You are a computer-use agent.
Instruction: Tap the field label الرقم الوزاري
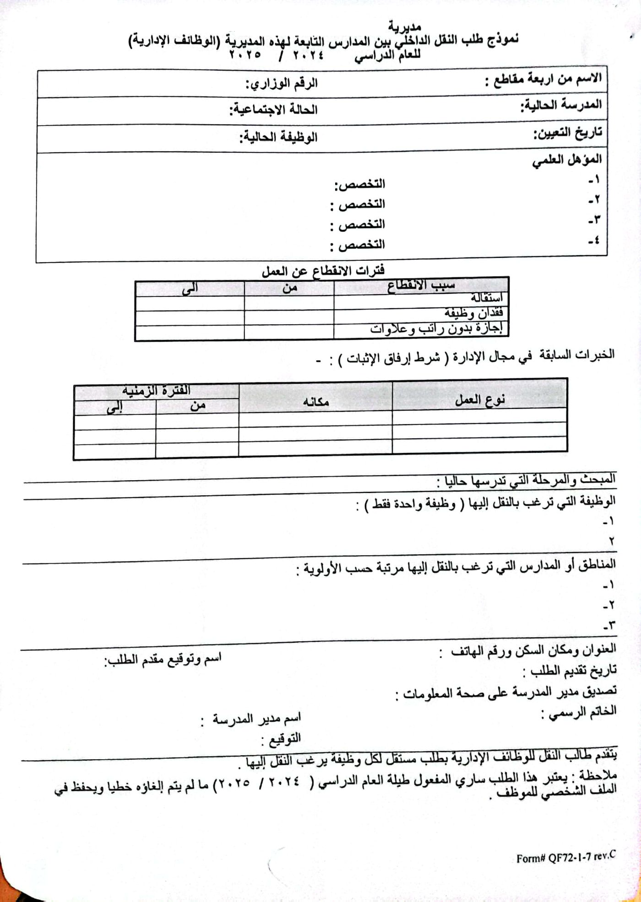point(282,84)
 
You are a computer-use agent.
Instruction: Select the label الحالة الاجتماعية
point(273,110)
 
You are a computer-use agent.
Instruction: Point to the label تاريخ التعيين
point(567,133)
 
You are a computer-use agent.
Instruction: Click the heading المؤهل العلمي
point(567,160)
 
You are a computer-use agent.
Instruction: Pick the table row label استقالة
point(487,298)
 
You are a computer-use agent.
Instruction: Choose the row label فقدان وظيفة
point(474,313)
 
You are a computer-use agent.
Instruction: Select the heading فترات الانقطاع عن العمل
point(323,271)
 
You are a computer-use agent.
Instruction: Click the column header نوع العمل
point(479,400)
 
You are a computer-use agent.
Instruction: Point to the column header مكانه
point(315,402)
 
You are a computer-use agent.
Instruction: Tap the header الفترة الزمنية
point(156,391)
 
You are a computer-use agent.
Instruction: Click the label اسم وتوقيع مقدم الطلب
point(163,659)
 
